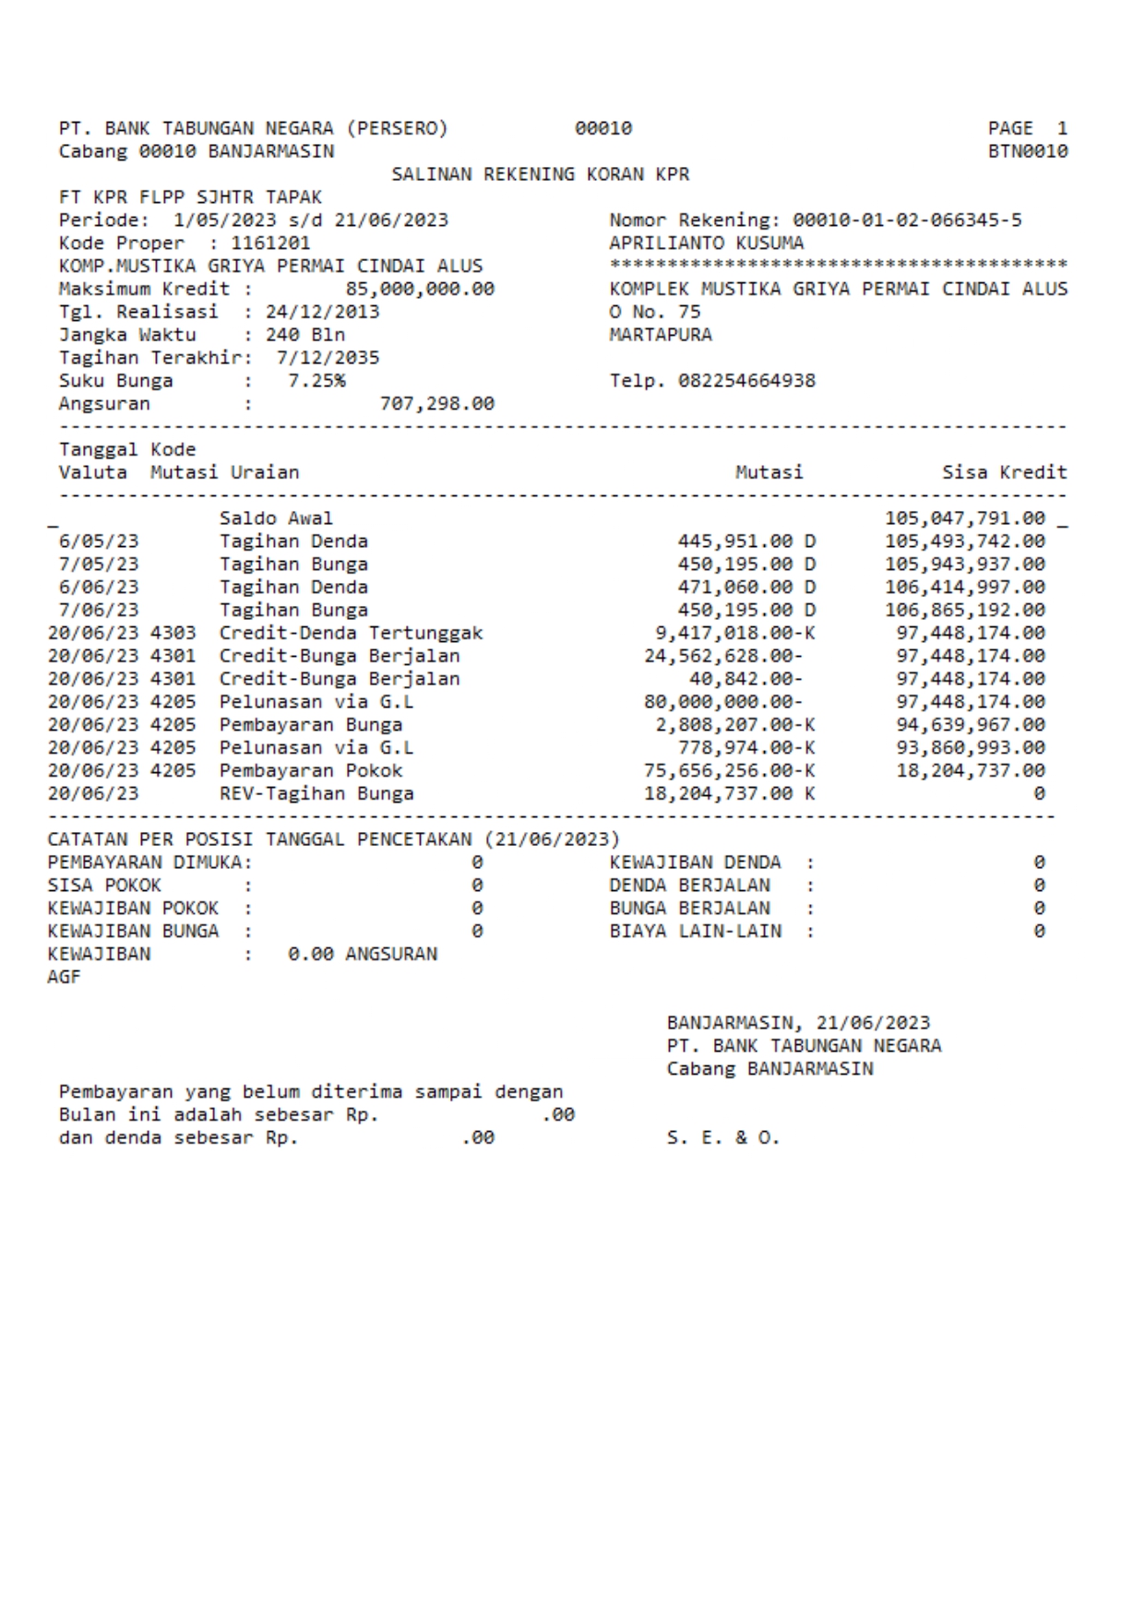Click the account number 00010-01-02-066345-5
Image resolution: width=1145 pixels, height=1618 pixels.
click(907, 220)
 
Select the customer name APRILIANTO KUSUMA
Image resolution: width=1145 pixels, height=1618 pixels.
click(706, 244)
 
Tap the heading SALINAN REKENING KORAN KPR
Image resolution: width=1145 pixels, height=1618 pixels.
click(540, 174)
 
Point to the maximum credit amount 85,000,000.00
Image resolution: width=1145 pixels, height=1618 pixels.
click(420, 289)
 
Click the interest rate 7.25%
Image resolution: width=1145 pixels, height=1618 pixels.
click(316, 381)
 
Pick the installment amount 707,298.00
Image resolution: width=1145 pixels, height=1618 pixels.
click(436, 404)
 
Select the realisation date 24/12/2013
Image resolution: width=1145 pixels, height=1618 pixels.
click(322, 312)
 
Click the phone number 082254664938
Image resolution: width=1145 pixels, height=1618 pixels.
click(746, 381)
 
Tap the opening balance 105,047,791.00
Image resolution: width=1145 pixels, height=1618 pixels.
click(964, 518)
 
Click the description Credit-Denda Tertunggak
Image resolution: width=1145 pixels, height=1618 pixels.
click(351, 633)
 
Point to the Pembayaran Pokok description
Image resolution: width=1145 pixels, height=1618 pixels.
click(311, 770)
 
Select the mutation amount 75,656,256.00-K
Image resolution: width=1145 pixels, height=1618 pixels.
click(729, 770)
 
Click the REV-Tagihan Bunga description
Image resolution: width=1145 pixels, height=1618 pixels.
click(316, 793)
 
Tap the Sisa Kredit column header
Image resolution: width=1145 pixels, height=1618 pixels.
click(1004, 472)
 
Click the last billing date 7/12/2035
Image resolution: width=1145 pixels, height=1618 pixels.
click(328, 358)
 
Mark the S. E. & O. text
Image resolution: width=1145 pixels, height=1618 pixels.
click(723, 1138)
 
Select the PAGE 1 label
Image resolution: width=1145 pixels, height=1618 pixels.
click(1027, 128)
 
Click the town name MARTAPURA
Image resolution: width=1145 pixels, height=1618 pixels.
click(661, 335)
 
